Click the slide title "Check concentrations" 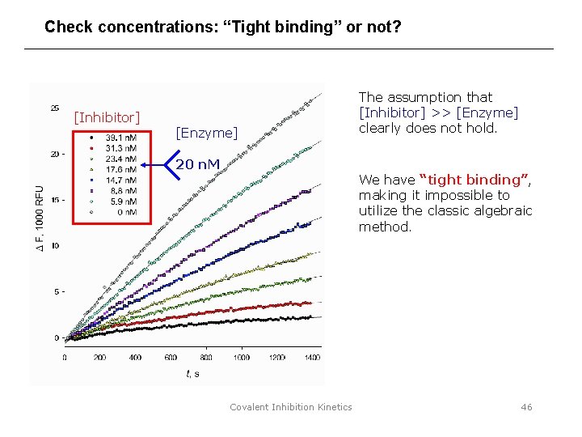tap(222, 27)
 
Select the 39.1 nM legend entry tap(120, 138)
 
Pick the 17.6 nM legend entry tap(120, 170)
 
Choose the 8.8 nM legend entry tap(120, 191)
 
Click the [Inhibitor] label tap(107, 118)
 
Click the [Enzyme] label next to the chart tap(207, 133)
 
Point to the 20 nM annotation tap(198, 165)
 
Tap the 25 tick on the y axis tap(54, 108)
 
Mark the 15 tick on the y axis tap(54, 200)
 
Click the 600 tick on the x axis tap(171, 357)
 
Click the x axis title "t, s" tap(192, 373)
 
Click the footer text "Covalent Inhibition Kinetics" tap(291, 407)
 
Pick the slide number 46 tap(526, 407)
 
